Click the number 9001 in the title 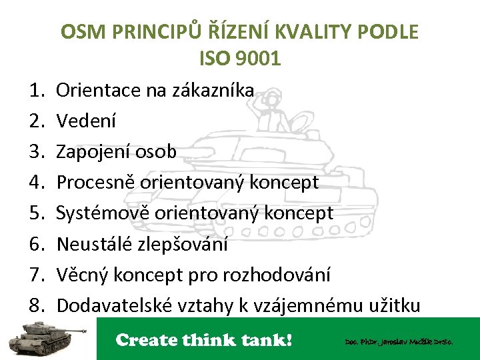click(259, 59)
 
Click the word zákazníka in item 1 click(212, 91)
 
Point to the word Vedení click(86, 121)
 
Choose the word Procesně click(97, 183)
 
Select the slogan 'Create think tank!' click(204, 340)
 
